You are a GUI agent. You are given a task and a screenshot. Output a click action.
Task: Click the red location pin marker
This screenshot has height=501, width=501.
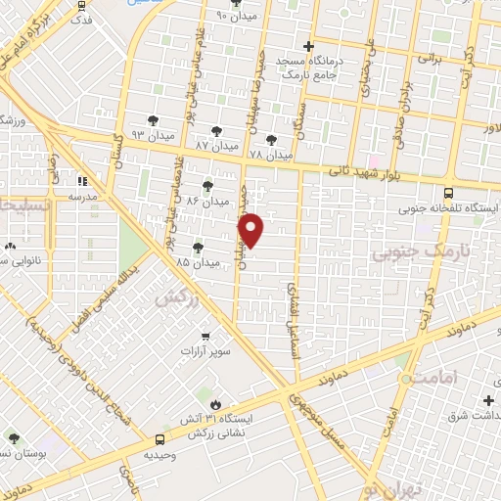click(252, 230)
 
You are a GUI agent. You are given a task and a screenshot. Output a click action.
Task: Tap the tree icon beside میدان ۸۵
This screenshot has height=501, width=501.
click(199, 249)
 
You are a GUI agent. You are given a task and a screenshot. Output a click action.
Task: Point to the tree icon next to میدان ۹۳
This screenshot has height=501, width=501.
click(153, 120)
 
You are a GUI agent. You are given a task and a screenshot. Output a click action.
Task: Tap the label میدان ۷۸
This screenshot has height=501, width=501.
click(270, 155)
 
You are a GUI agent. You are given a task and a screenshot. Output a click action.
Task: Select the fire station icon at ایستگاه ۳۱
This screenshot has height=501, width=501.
click(214, 403)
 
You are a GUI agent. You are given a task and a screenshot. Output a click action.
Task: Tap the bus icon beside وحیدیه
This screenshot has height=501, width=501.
click(159, 439)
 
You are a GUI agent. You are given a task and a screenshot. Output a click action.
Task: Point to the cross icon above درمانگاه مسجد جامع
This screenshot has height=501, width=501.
click(309, 46)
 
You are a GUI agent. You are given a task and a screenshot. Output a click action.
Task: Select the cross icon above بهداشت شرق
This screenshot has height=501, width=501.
click(488, 400)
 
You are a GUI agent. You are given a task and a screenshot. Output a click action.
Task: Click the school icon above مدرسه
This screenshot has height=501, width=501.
click(84, 181)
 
